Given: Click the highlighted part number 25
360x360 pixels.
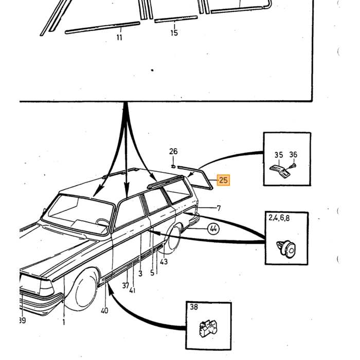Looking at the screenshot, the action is pyautogui.click(x=223, y=180).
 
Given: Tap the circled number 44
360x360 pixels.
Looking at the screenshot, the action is pyautogui.click(x=213, y=229).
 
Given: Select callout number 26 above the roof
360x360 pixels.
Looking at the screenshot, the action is pyautogui.click(x=173, y=151).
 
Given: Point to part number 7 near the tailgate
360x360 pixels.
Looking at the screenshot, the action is pyautogui.click(x=219, y=208).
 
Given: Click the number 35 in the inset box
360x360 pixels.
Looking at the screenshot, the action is pyautogui.click(x=279, y=155).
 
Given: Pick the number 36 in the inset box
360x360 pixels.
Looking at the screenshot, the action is pyautogui.click(x=293, y=154).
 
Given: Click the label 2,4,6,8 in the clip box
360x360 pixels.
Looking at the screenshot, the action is pyautogui.click(x=279, y=218).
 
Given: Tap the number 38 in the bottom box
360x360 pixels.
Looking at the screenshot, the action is pyautogui.click(x=194, y=307).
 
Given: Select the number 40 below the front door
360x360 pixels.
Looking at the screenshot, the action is pyautogui.click(x=104, y=311).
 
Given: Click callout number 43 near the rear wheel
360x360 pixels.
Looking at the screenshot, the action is pyautogui.click(x=164, y=261).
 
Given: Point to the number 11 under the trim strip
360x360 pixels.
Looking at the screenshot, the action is pyautogui.click(x=119, y=37).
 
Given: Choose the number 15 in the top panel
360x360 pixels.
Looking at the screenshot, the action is pyautogui.click(x=174, y=33).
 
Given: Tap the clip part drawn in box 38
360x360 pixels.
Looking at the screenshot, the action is pyautogui.click(x=208, y=329).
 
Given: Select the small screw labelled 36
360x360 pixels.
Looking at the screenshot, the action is pyautogui.click(x=293, y=166).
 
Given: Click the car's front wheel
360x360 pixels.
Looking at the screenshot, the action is pyautogui.click(x=84, y=291).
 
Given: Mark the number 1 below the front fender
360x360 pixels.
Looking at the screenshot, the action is pyautogui.click(x=64, y=322).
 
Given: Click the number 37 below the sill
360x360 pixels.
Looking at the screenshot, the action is pyautogui.click(x=125, y=285).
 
